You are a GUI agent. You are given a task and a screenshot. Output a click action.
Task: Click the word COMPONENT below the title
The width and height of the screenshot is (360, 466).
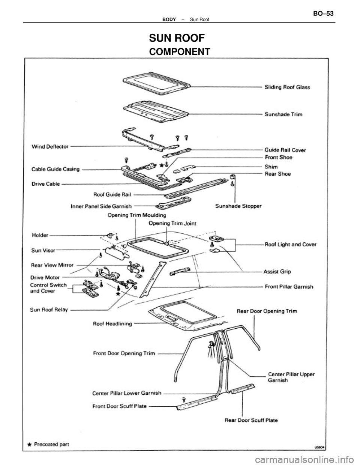(x=179, y=51)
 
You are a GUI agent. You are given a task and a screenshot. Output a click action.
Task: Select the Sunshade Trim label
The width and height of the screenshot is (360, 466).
(x=283, y=114)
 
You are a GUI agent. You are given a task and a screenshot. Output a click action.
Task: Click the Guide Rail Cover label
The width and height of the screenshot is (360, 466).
(x=285, y=150)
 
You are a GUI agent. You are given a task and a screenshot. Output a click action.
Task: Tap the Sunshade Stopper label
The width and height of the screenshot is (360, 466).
(x=238, y=206)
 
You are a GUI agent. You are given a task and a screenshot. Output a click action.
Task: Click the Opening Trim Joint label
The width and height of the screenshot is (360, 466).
(x=172, y=223)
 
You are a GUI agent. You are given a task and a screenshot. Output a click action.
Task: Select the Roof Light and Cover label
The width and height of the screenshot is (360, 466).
(x=291, y=244)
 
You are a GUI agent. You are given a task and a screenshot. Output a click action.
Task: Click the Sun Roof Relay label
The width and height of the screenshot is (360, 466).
(x=48, y=310)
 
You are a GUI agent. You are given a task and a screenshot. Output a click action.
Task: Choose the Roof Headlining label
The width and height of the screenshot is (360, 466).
(x=112, y=323)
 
